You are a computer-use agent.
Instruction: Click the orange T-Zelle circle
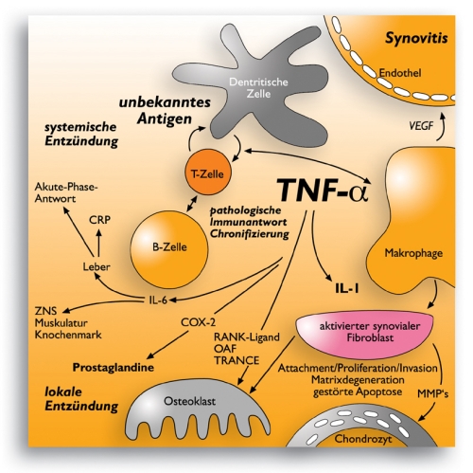[207, 173]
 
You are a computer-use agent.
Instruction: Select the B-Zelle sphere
[169, 249]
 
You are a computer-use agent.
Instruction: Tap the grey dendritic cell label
[258, 88]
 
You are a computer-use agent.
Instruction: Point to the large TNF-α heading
[323, 191]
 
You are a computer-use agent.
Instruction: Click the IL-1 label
[347, 288]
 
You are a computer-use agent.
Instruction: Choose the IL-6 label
[158, 300]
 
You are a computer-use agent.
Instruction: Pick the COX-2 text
[199, 322]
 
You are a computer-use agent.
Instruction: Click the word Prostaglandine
[114, 367]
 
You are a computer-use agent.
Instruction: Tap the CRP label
[99, 220]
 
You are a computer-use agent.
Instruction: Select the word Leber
[96, 266]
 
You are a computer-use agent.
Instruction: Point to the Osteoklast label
[189, 401]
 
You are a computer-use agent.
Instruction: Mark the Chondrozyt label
[363, 439]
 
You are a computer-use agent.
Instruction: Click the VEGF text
[421, 126]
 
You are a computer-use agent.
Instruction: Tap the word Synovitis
[416, 38]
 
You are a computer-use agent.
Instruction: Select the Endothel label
[400, 73]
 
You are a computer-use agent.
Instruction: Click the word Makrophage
[413, 253]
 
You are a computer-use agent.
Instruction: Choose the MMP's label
[432, 393]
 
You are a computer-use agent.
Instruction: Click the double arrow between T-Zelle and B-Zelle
[192, 203]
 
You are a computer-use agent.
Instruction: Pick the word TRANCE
[236, 360]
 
